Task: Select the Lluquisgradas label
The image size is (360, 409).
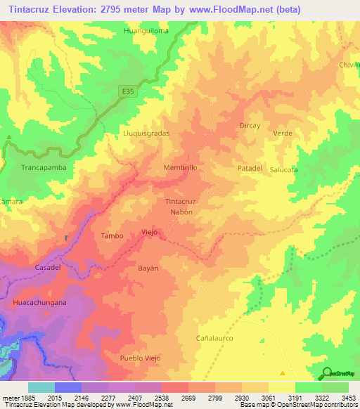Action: pyautogui.click(x=147, y=132)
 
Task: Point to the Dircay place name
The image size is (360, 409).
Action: pyautogui.click(x=250, y=125)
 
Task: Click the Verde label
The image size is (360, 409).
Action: pyautogui.click(x=283, y=133)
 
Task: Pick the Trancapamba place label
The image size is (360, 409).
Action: pyautogui.click(x=44, y=169)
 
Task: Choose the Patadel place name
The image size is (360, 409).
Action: pyautogui.click(x=250, y=169)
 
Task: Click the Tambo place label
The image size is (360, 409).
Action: pyautogui.click(x=112, y=236)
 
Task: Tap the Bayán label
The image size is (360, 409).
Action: pyautogui.click(x=145, y=268)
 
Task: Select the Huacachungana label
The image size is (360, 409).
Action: pyautogui.click(x=39, y=302)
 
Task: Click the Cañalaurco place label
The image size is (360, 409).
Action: pyautogui.click(x=214, y=338)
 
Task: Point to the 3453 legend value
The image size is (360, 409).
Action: pyautogui.click(x=348, y=398)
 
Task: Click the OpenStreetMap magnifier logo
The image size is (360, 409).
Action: pyautogui.click(x=326, y=373)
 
